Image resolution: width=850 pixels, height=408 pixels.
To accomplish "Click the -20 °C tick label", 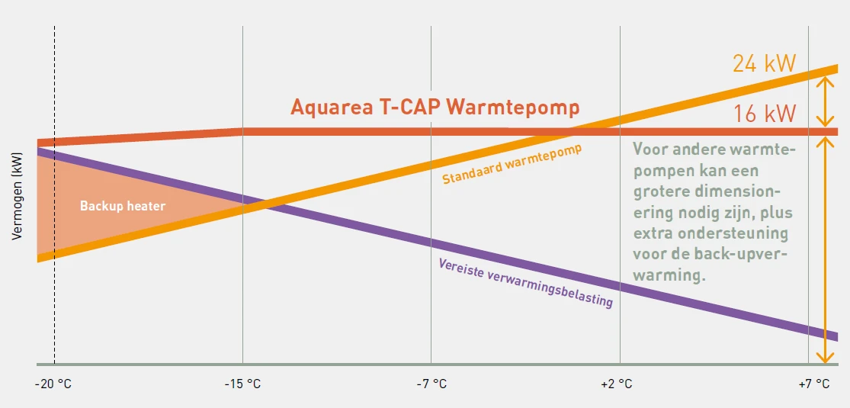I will (x=53, y=384).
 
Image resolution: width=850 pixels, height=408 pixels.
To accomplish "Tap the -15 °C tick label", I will (x=242, y=384).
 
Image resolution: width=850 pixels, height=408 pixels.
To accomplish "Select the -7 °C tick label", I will (x=431, y=384).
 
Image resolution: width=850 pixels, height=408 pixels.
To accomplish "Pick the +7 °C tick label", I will (x=813, y=384).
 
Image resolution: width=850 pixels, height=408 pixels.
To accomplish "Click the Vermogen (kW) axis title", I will (x=18, y=197).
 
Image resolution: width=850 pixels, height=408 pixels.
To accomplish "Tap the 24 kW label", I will (x=764, y=63).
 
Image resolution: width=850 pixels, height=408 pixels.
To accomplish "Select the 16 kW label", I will (x=765, y=114).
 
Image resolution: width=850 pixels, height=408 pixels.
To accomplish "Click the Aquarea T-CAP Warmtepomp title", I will (x=435, y=107).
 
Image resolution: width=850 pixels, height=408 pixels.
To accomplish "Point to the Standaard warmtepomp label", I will (x=512, y=164).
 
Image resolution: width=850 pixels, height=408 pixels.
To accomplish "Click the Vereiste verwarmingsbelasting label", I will (x=525, y=282).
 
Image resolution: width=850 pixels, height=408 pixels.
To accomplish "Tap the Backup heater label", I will (x=123, y=206).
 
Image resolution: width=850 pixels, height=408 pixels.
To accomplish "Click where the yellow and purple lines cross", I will (x=264, y=204).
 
